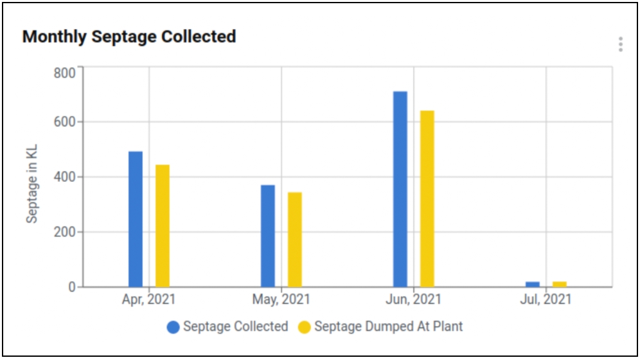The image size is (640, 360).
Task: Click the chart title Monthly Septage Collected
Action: [x=129, y=37]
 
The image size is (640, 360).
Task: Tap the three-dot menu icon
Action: [x=620, y=44]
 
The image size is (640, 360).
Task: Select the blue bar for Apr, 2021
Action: [x=136, y=219]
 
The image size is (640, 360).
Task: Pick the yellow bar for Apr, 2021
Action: [x=163, y=225]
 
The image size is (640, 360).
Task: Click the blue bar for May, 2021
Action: [x=268, y=235]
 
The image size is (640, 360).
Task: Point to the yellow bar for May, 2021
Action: [x=295, y=239]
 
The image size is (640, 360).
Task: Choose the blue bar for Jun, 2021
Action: [x=400, y=189]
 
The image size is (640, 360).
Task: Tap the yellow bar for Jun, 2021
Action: [x=427, y=198]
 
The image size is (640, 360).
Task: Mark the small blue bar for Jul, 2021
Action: [x=533, y=284]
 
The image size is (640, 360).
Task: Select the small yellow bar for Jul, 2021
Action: [x=560, y=284]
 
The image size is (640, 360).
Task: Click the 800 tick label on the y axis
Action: [x=64, y=72]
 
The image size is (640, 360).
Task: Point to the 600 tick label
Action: [x=64, y=122]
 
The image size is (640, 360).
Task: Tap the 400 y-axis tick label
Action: [x=64, y=177]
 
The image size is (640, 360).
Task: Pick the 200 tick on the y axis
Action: [x=64, y=232]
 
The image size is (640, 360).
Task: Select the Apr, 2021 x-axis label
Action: [x=148, y=300]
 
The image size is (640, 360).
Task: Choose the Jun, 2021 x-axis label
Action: [x=413, y=300]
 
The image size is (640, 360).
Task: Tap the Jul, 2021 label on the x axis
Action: [x=546, y=300]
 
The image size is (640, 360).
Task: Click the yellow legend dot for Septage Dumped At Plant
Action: [x=304, y=327]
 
